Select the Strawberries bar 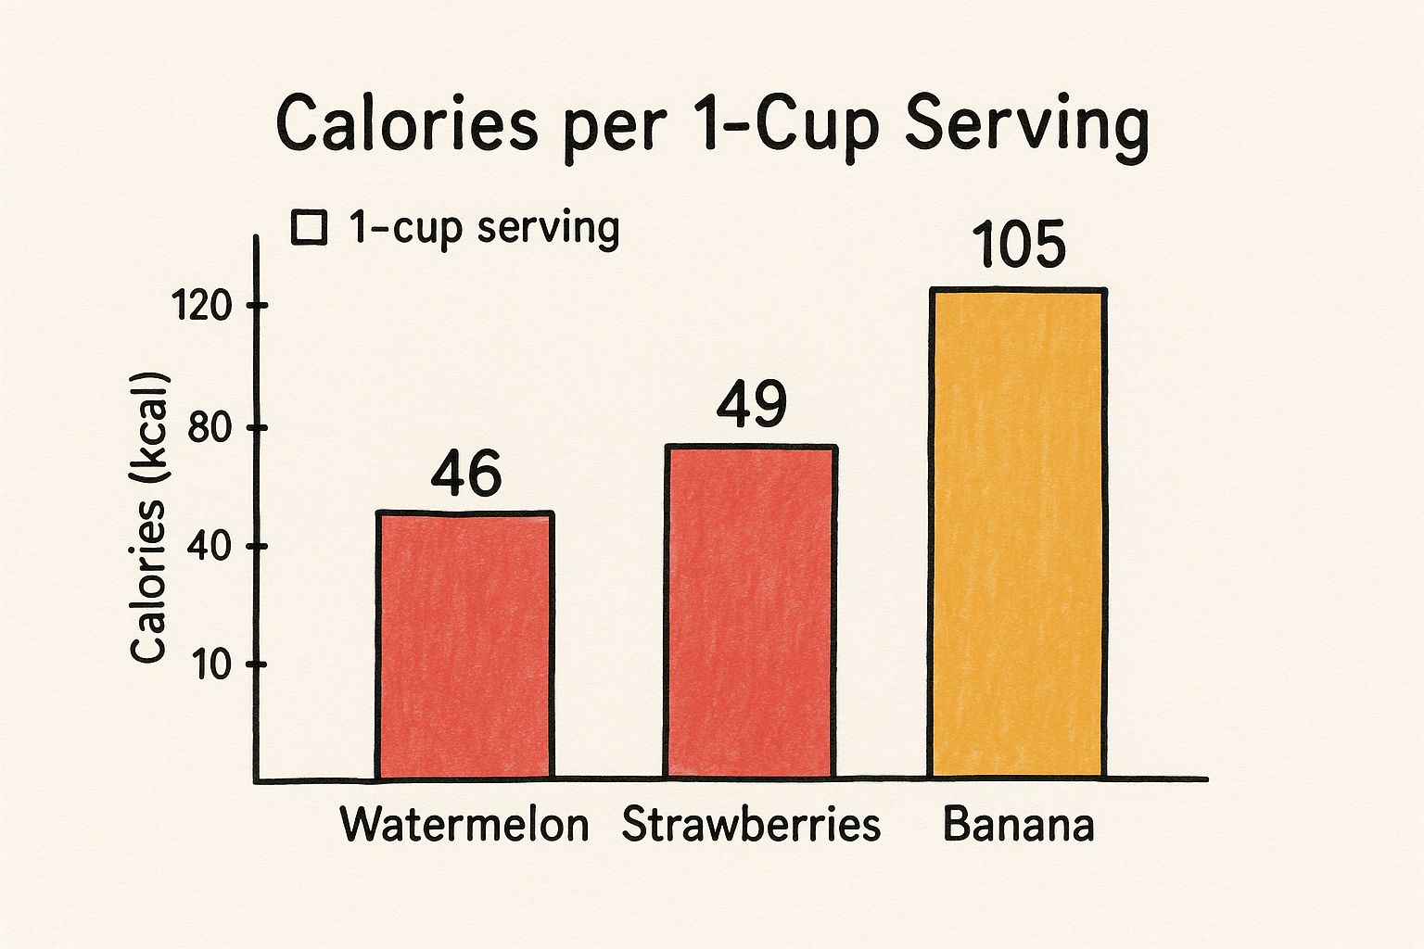tap(750, 612)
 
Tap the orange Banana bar tap(1017, 533)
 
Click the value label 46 tap(465, 475)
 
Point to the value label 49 tap(751, 405)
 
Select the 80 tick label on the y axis tap(208, 428)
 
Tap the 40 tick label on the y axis tap(208, 547)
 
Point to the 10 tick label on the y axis tap(211, 665)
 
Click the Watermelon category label tap(464, 825)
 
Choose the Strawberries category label tap(750, 825)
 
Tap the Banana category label tap(1018, 825)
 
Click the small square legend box tap(309, 228)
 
